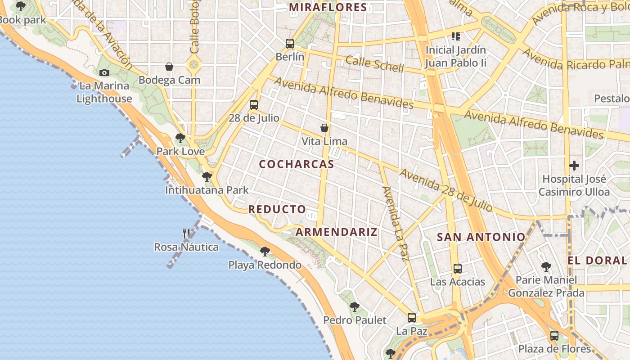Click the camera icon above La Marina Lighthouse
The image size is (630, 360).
click(x=104, y=72)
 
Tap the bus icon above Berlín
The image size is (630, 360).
click(x=290, y=44)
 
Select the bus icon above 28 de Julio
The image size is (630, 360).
click(x=254, y=105)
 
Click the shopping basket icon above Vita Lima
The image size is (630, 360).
click(x=324, y=128)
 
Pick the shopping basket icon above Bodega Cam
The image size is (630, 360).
click(x=169, y=67)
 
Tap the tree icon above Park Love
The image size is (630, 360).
click(x=180, y=138)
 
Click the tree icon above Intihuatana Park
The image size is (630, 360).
click(x=207, y=176)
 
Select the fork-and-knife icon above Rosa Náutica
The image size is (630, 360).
click(x=186, y=233)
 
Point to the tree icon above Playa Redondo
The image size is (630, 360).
click(x=265, y=251)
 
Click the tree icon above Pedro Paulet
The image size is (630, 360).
click(x=355, y=307)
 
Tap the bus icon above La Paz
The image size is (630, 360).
click(x=412, y=318)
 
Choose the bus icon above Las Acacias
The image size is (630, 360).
click(x=458, y=269)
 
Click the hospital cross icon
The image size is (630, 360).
click(x=574, y=165)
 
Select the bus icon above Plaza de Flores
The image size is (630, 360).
click(x=554, y=335)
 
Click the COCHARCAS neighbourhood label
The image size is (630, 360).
click(x=297, y=164)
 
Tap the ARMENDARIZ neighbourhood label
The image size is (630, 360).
click(x=337, y=232)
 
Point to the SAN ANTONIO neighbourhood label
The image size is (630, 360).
click(x=481, y=237)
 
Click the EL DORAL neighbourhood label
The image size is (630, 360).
click(x=597, y=261)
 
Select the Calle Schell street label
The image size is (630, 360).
click(x=375, y=64)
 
